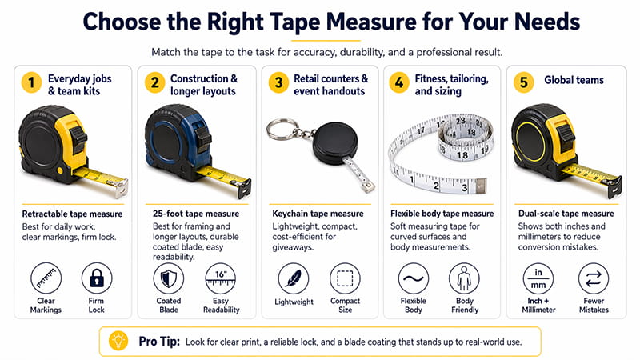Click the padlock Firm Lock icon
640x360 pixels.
96,279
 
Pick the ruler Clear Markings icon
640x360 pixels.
46,279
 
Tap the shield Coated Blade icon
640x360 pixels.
168,279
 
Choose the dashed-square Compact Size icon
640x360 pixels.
344,279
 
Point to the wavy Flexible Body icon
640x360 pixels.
414,279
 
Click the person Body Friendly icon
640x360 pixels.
465,279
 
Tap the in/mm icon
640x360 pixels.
536,279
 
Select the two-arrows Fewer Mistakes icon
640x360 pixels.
593,279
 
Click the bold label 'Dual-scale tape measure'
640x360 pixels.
563,214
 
